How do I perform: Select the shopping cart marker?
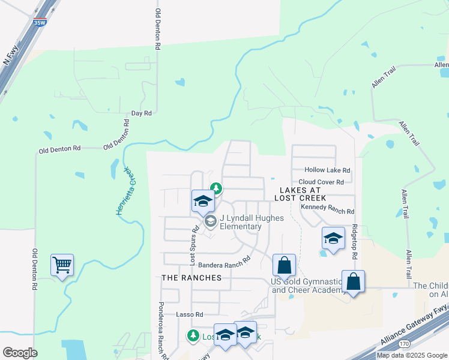coord(62,265)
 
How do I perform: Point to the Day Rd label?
coord(141,113)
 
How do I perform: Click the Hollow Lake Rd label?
coord(327,170)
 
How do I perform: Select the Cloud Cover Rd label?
coord(321,182)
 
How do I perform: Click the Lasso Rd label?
coord(190,314)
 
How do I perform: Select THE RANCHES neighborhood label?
coord(191,278)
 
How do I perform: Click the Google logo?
coord(20,353)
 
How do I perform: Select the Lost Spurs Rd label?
coord(194,246)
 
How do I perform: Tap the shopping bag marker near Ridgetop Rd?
coord(353,281)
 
